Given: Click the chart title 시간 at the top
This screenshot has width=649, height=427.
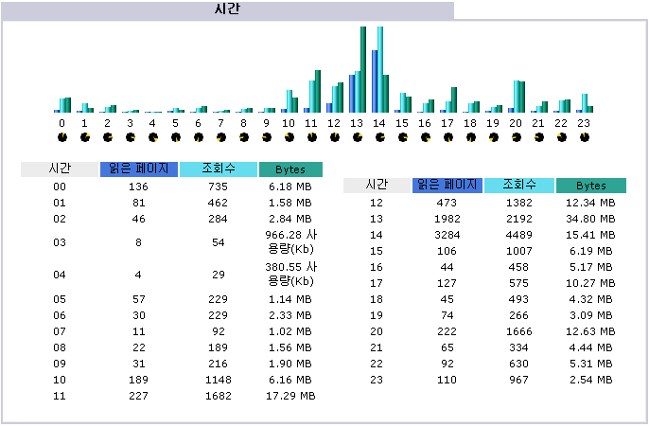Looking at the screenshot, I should coord(227,9).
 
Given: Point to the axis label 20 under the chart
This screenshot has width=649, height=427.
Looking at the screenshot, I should coord(516,123).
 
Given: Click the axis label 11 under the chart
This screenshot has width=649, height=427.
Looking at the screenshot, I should coord(311,123).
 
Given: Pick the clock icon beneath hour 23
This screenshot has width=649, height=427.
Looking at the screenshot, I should coord(584,137).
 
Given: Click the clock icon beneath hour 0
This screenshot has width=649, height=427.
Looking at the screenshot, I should coord(61,137).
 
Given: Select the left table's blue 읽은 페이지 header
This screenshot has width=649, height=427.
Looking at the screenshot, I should coord(138,169).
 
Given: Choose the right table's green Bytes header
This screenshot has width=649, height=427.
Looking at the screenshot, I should coord(591,186).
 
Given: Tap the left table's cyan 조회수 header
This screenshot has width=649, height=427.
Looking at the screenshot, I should coord(219,169).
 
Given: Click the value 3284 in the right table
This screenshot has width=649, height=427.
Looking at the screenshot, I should coord(447,233).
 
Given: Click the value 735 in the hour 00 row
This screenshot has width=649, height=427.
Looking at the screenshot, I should coord(219,187).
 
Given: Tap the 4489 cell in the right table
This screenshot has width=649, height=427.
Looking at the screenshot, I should coord(519,233).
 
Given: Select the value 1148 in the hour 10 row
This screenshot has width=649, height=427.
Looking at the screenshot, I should coord(219,379).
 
